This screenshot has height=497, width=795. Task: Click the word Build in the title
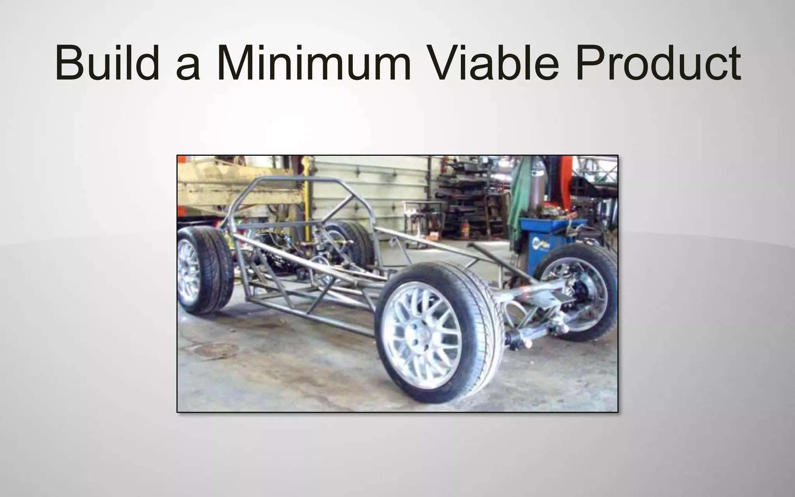pos(107,63)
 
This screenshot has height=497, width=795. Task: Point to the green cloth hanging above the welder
pos(520,194)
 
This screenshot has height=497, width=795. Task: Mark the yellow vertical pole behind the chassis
pos(308,194)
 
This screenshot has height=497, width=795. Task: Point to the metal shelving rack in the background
pos(470,202)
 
